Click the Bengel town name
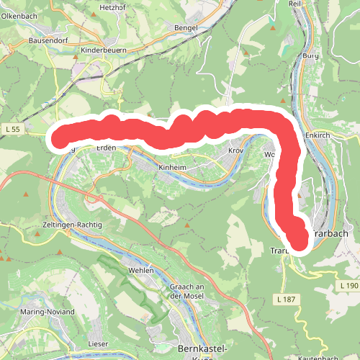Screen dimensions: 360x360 [187, 27]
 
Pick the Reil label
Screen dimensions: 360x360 [294, 4]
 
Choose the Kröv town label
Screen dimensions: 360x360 [236, 152]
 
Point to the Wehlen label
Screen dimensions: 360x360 [141, 270]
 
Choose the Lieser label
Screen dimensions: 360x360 [97, 325]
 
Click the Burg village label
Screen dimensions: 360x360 [310, 55]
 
